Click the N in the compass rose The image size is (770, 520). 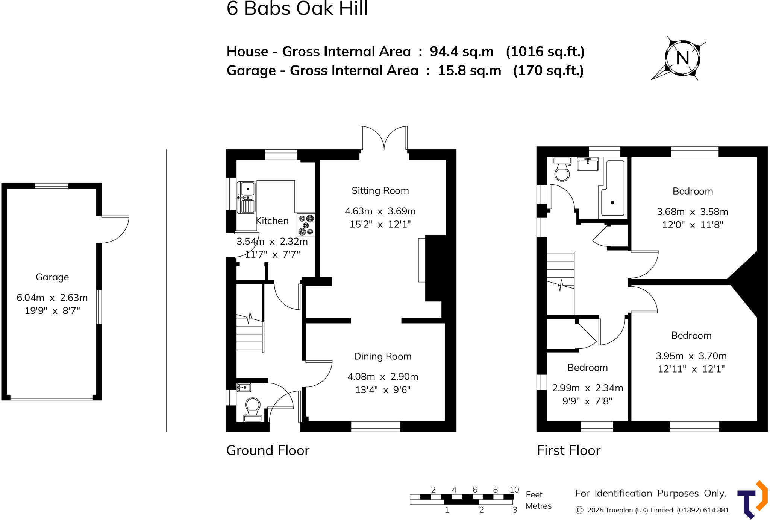(682, 58)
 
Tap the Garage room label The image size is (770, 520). (52, 277)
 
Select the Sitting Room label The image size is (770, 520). (380, 191)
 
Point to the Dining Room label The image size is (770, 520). (383, 356)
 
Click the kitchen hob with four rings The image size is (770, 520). (306, 225)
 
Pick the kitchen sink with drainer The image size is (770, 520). (246, 198)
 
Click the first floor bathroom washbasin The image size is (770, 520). (588, 164)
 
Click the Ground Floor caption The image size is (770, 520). (268, 450)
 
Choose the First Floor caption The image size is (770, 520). (568, 450)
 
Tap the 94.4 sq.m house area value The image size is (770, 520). (462, 52)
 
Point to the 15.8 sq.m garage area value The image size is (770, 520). (469, 71)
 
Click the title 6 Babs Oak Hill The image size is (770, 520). (297, 9)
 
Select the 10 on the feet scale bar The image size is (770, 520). (514, 490)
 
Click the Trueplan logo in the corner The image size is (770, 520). (752, 500)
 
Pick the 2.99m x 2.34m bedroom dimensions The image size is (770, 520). (587, 388)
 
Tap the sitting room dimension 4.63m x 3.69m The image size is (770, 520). (380, 211)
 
